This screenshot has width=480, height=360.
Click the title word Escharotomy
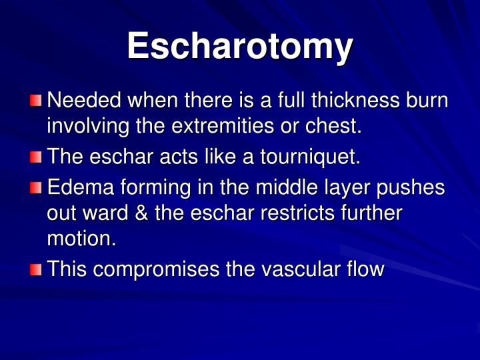coord(240,47)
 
